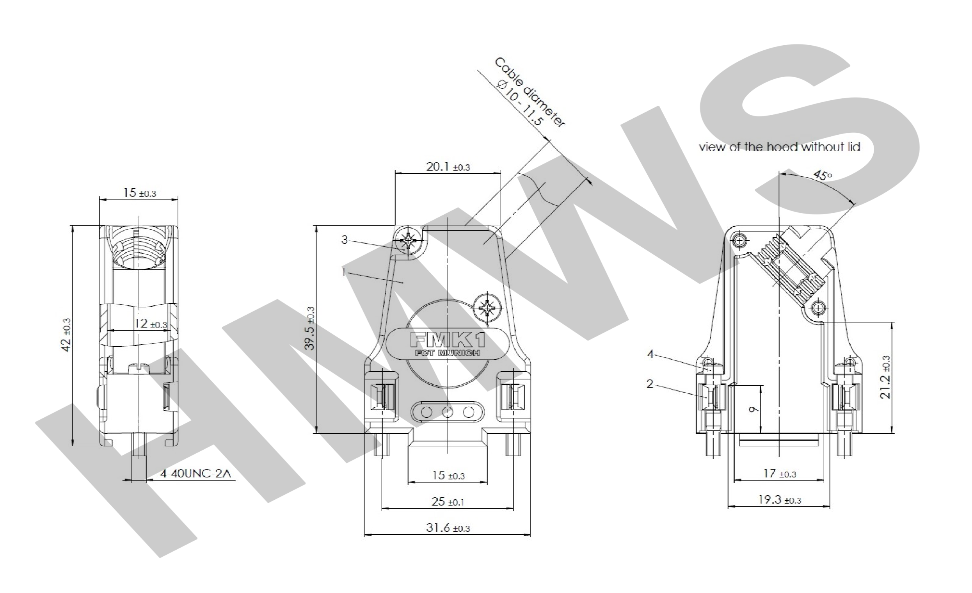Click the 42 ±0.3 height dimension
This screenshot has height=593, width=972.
[x=67, y=335]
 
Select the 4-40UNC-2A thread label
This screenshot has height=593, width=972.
[x=195, y=474]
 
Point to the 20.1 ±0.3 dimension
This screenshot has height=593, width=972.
[x=448, y=167]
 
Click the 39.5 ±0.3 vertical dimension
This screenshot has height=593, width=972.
[x=310, y=328]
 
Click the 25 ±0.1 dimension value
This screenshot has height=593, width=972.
[x=448, y=502]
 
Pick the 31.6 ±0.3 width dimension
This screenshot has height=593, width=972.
[x=448, y=527]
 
